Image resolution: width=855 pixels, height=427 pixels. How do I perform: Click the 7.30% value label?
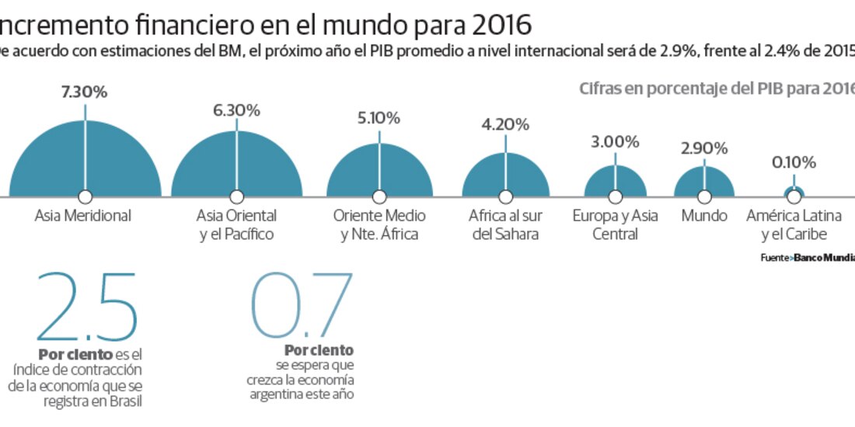85,92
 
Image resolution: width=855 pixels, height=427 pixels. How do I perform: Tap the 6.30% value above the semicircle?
236,110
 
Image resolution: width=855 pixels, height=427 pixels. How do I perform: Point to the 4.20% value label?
505,124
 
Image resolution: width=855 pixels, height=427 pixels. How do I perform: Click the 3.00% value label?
616,141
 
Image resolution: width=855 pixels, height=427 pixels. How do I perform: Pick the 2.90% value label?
704,148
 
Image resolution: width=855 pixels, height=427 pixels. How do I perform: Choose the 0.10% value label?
794,163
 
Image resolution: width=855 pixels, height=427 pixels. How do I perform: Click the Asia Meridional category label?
83,216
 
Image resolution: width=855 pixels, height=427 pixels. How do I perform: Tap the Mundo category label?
704,216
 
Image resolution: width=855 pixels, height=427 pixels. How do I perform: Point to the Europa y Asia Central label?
615,224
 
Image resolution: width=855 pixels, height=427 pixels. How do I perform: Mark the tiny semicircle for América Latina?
794,191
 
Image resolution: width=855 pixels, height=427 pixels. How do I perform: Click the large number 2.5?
86,306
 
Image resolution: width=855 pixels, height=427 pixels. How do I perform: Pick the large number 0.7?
302,306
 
